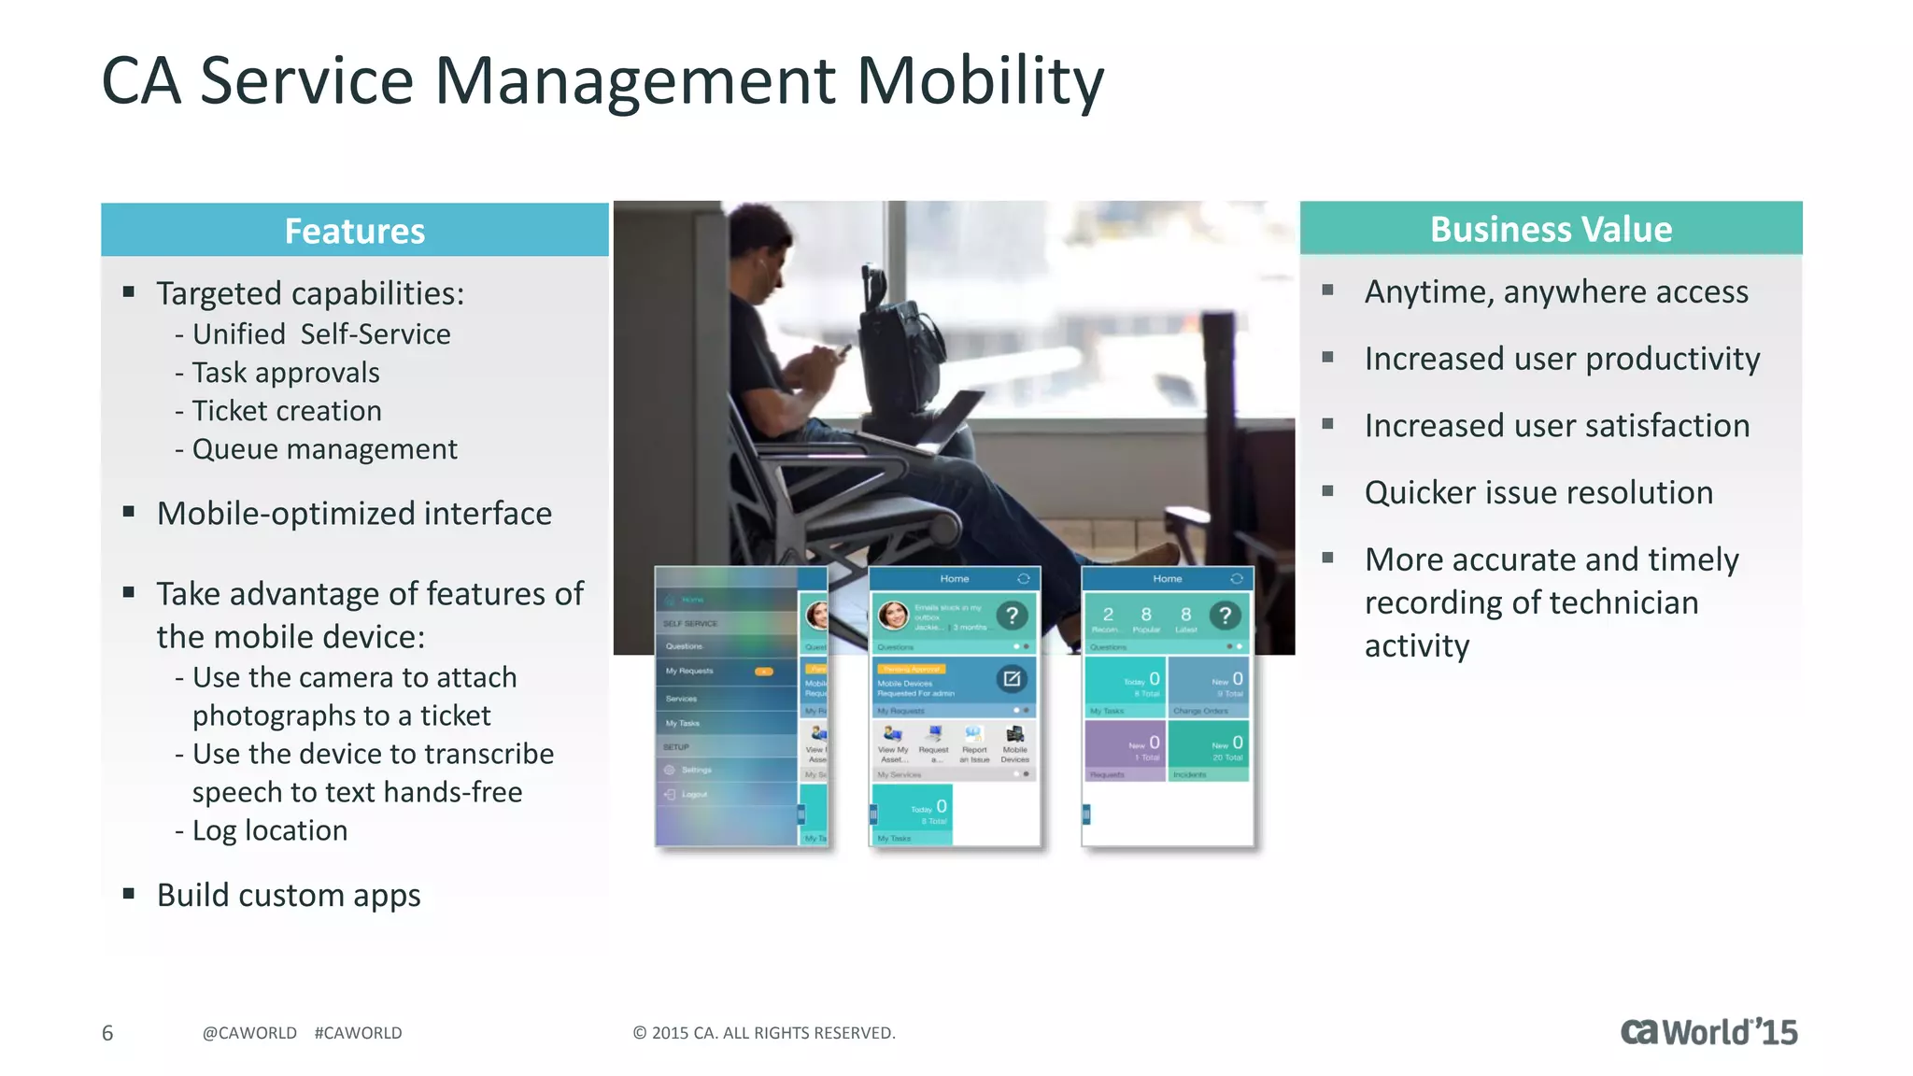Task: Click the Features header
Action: (354, 231)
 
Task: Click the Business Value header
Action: (1551, 229)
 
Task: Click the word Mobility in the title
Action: (980, 81)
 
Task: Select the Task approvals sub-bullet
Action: (285, 373)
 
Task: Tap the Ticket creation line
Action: (286, 411)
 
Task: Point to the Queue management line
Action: (324, 449)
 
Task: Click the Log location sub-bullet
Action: (269, 830)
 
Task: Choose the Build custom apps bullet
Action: (288, 895)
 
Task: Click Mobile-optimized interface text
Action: (354, 514)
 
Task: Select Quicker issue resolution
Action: (1538, 492)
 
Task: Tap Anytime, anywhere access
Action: (1555, 291)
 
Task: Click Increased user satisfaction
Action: (1556, 426)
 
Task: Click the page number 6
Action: (107, 1033)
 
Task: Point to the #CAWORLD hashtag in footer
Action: (358, 1033)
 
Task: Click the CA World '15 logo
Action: (1708, 1032)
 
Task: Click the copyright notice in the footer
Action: (763, 1033)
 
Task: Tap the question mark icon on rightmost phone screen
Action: (1225, 615)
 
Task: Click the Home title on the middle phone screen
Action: (954, 579)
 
